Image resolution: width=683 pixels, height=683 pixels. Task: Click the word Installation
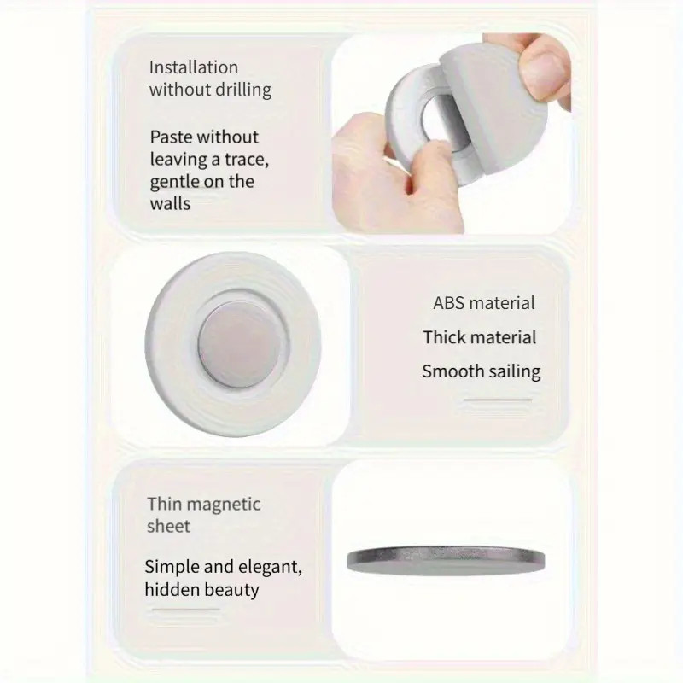(x=194, y=67)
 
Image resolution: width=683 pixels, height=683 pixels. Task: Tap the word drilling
(x=243, y=90)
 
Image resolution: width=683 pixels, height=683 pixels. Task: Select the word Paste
(x=172, y=137)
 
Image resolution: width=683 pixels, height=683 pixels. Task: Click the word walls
(x=170, y=204)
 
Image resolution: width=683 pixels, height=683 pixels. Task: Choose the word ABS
(x=450, y=303)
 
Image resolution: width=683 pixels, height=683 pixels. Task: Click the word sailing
(x=515, y=372)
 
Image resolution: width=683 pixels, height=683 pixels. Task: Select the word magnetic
(x=225, y=505)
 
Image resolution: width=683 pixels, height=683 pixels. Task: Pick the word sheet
(x=168, y=527)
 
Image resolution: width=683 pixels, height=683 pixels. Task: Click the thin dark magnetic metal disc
(x=446, y=560)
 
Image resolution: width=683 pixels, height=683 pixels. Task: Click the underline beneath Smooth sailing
(x=498, y=400)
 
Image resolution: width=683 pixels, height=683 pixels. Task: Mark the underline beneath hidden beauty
(x=186, y=610)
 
